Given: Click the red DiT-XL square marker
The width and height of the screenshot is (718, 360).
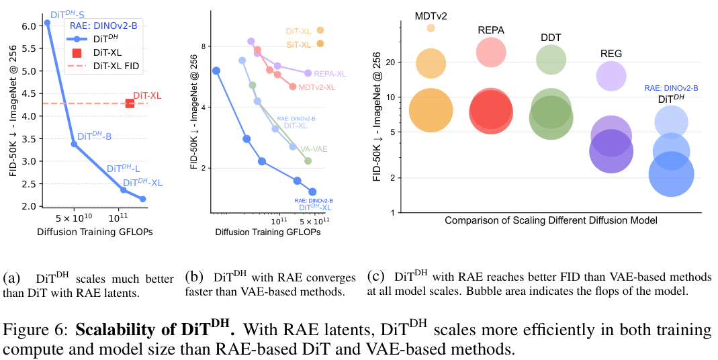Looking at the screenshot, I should pos(130,103).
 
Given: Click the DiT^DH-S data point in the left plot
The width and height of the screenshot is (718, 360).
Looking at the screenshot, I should pos(47,22).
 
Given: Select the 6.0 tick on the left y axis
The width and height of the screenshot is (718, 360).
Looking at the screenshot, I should pos(30,26).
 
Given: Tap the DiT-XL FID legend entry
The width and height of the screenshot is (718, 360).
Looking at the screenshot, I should pos(118,66).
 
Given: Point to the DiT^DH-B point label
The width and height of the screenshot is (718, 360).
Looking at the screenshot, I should pos(94,136).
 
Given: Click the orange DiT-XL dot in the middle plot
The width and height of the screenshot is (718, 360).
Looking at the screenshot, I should pos(320,30).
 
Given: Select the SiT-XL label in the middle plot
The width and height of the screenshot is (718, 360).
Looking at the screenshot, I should pos(298,44).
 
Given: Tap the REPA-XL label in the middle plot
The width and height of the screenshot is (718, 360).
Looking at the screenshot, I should pos(330,74).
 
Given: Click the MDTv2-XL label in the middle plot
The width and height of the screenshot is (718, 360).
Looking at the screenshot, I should pos(317,87).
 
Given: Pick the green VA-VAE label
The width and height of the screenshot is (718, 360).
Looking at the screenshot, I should pos(314,149).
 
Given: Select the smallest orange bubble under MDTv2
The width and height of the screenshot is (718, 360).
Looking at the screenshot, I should pos(431,28).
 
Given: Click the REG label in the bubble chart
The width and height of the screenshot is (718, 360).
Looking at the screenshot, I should pos(611,53).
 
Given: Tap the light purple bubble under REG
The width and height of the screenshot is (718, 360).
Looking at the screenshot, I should pos(611,75).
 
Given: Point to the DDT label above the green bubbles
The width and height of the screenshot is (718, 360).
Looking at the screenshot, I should pos(550,38).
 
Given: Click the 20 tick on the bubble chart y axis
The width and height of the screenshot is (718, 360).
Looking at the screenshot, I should pos(391,62).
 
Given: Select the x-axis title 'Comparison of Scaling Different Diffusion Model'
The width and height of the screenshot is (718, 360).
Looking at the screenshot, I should pos(551,220).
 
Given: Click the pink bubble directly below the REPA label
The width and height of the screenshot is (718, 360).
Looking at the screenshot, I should pos(491,52).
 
